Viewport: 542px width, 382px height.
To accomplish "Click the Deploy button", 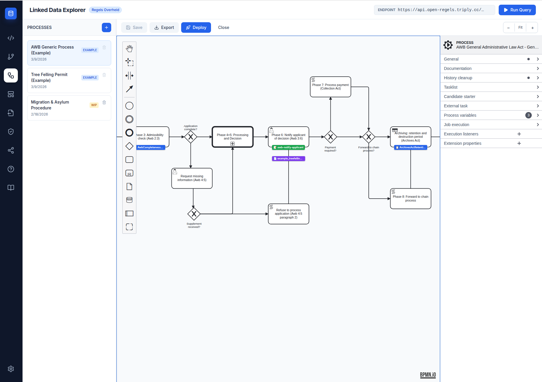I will click(x=196, y=27).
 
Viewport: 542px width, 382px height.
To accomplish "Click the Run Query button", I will click(x=517, y=10).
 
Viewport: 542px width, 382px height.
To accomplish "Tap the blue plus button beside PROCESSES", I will click(x=107, y=27).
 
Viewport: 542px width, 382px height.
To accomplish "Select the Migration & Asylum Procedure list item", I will click(x=59, y=108).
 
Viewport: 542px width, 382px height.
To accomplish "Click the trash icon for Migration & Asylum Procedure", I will click(x=104, y=102).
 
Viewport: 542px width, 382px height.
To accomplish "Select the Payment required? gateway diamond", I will click(x=330, y=137).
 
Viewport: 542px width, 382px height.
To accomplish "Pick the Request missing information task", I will click(x=192, y=178).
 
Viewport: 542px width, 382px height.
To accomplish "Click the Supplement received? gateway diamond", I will click(x=194, y=214).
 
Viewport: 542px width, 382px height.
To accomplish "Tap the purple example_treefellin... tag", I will click(x=288, y=159).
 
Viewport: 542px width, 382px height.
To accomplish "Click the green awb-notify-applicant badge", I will click(x=288, y=147).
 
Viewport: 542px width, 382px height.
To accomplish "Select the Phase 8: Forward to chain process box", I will click(x=410, y=199).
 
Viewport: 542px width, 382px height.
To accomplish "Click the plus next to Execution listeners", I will click(x=519, y=134).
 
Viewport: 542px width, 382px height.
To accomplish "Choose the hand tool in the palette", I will click(x=129, y=49).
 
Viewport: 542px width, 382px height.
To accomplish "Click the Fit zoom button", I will click(x=520, y=27).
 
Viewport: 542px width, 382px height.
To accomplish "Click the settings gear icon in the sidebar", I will click(x=11, y=369).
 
